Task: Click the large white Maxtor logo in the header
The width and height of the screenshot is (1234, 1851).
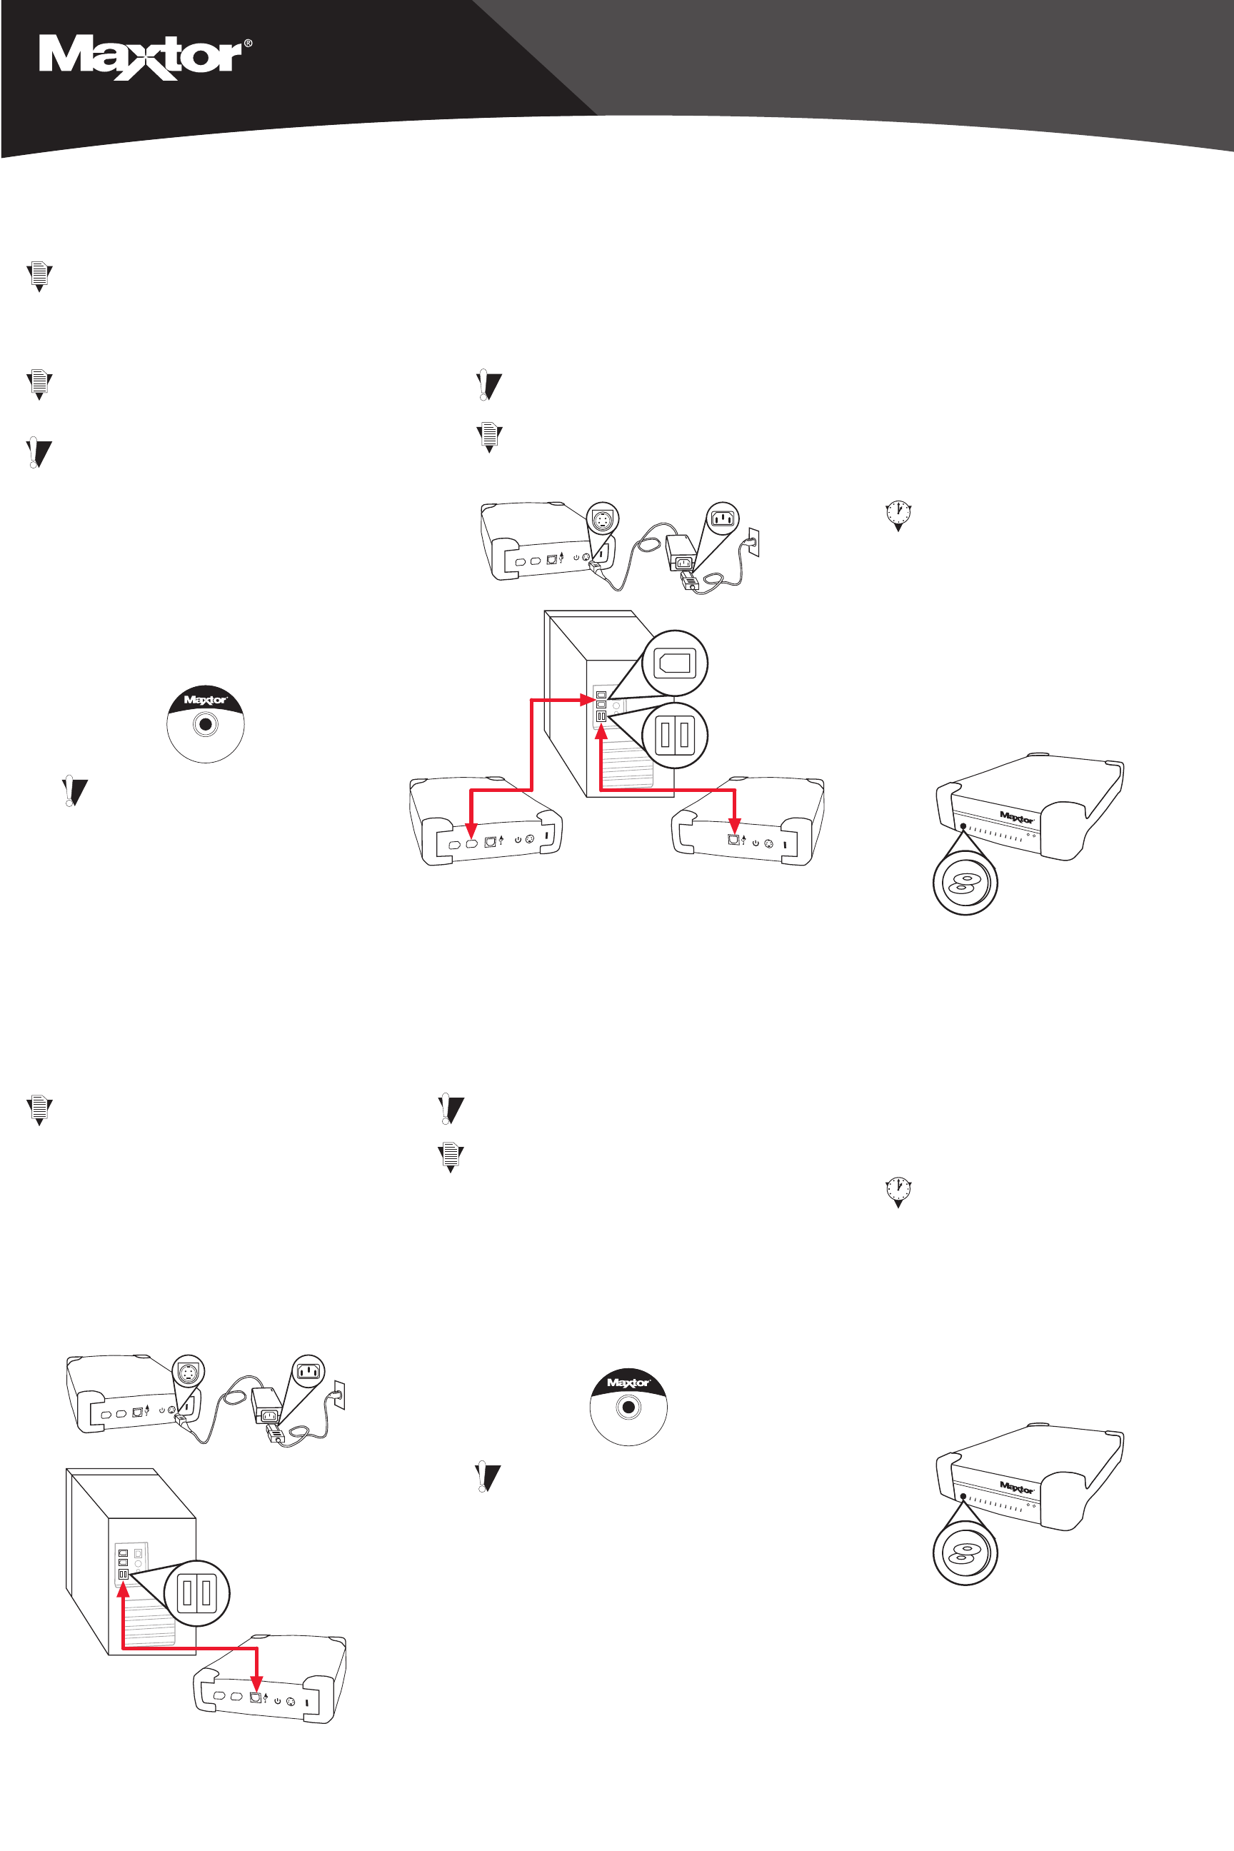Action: [141, 57]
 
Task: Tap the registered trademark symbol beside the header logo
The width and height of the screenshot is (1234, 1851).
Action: [249, 44]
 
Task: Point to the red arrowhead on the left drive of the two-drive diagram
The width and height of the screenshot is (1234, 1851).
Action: [471, 830]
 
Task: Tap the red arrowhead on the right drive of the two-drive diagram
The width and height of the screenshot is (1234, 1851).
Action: [734, 826]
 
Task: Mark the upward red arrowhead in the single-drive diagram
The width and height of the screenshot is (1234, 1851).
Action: [123, 1590]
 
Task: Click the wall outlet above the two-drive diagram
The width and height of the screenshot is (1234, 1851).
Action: [753, 542]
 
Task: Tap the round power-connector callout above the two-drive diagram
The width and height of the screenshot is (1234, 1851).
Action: [603, 519]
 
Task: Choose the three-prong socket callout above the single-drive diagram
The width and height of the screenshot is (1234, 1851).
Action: [308, 1372]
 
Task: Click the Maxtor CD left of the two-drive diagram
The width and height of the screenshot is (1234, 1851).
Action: [206, 724]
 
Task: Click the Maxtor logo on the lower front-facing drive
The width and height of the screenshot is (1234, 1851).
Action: [1017, 1488]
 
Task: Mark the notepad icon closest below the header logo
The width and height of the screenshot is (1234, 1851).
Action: [39, 276]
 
